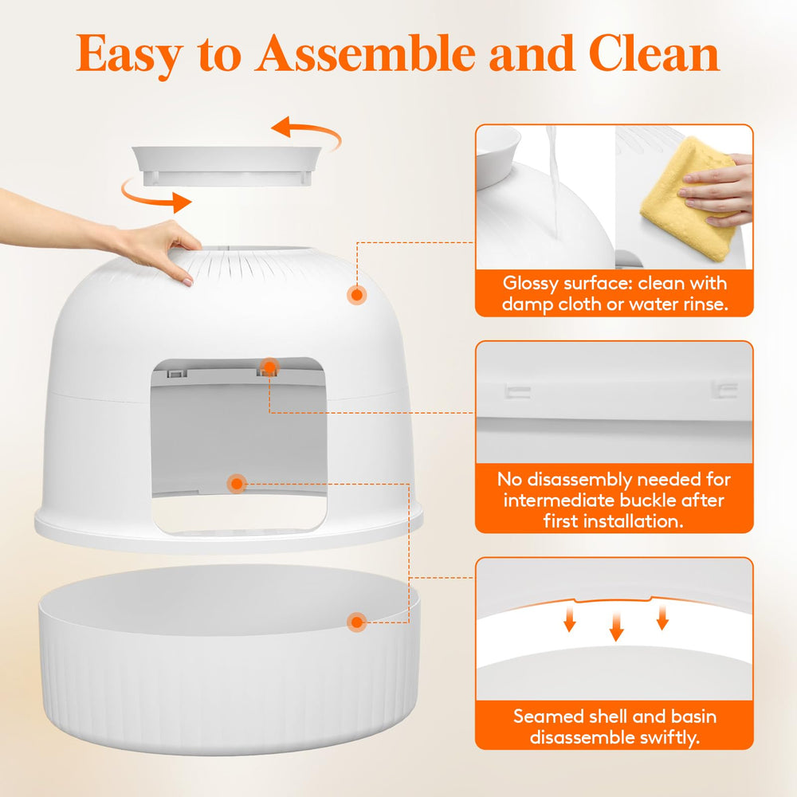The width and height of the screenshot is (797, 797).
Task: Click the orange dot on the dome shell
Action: click(x=357, y=295)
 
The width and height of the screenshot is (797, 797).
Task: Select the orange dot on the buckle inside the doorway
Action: click(x=269, y=367)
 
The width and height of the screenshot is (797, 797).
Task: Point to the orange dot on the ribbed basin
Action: click(x=357, y=622)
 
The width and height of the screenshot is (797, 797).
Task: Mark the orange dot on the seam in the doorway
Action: click(x=236, y=483)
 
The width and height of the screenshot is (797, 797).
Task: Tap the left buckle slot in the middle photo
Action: click(x=519, y=390)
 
